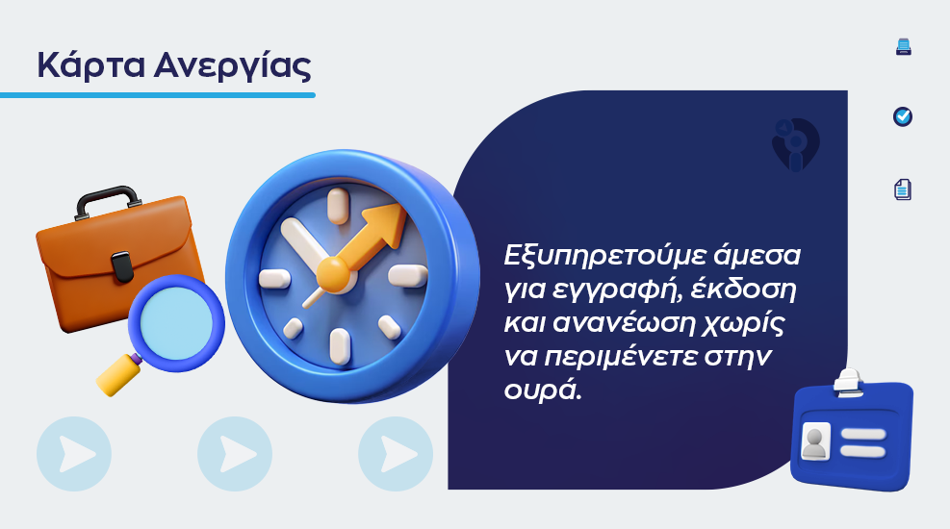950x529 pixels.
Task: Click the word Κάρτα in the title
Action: [x=90, y=64]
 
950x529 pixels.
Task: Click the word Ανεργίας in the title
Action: [x=233, y=64]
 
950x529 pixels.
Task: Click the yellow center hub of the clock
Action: [x=333, y=274]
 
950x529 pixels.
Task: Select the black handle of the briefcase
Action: [x=108, y=201]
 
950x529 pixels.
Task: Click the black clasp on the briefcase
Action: [x=122, y=267]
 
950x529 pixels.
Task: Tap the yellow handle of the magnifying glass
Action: [x=118, y=375]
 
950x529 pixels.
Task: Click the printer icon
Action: [x=904, y=46]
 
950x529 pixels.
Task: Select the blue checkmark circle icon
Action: [x=903, y=116]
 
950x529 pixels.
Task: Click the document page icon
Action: [x=903, y=189]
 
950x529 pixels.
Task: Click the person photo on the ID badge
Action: [x=815, y=441]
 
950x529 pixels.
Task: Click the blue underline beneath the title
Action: [x=158, y=95]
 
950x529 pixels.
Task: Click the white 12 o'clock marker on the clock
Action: [x=338, y=206]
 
